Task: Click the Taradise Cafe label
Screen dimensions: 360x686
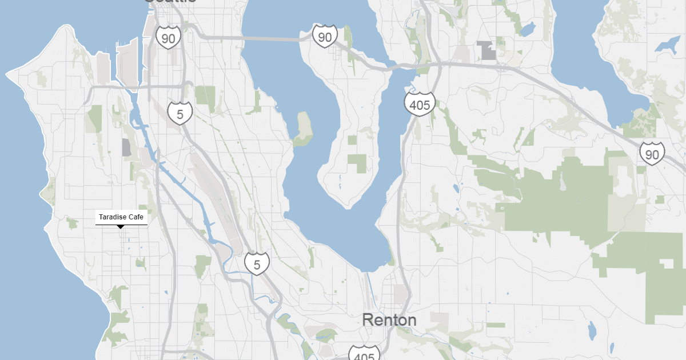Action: pos(121,217)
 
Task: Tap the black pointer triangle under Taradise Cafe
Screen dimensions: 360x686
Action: pos(121,227)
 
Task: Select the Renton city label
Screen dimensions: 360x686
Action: pos(389,320)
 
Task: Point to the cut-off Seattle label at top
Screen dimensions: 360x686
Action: pos(170,2)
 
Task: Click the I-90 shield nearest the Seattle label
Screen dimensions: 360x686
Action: pos(168,38)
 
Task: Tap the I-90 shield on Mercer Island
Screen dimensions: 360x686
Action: pos(325,37)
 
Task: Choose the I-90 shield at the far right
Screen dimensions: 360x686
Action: pos(652,154)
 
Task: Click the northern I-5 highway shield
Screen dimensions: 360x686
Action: pos(180,114)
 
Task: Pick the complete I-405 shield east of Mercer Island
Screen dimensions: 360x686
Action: pos(420,105)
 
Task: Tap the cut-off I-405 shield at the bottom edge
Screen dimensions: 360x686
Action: pos(364,353)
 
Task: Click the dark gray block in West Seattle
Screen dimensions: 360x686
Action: pos(126,147)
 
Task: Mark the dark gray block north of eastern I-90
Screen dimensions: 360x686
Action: pos(488,50)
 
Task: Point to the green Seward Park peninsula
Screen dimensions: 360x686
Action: pos(303,127)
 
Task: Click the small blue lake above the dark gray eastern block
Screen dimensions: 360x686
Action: pos(527,29)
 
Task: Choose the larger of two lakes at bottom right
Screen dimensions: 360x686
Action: pos(592,329)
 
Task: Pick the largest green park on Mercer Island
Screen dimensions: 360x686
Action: pos(358,163)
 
